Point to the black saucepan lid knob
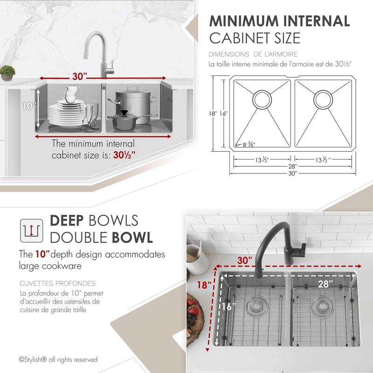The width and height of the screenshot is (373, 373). [124, 112]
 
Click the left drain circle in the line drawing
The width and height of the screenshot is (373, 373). [261, 99]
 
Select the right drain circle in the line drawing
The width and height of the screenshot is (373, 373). [322, 99]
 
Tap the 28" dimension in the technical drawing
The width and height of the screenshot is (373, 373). [292, 166]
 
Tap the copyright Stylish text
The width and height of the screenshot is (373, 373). [58, 359]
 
